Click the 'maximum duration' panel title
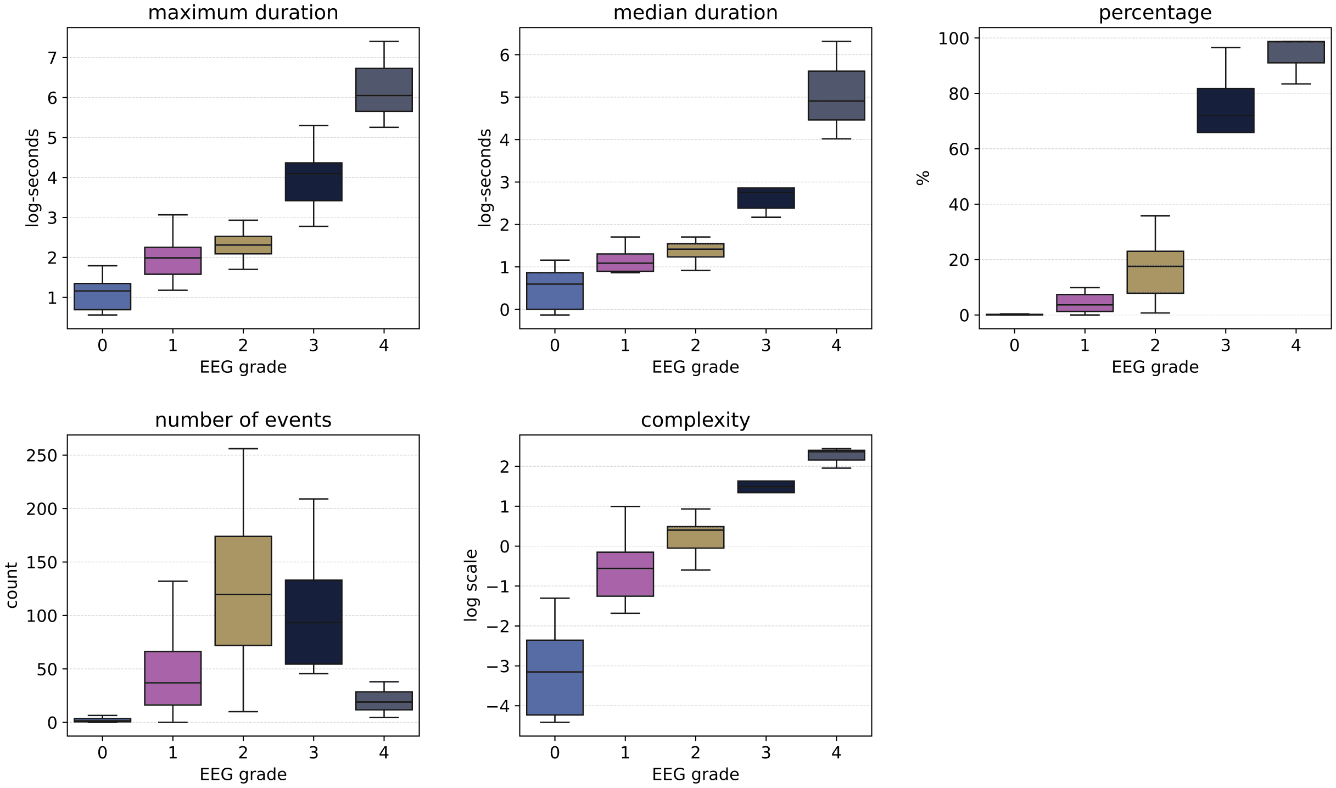tap(243, 12)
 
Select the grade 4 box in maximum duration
tap(384, 90)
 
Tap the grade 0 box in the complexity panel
tap(555, 677)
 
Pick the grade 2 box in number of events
tap(243, 590)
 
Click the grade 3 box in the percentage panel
tap(1225, 110)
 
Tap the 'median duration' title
tap(695, 12)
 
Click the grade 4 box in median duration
tap(836, 95)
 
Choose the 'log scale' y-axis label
tap(471, 585)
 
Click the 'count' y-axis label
tap(12, 585)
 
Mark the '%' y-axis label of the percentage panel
tap(923, 178)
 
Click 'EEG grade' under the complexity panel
tap(695, 774)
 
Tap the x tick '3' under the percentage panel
tap(1225, 345)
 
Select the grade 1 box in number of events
tap(172, 678)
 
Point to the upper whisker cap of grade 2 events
tap(243, 449)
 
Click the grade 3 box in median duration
tap(765, 198)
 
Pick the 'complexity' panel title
tap(695, 420)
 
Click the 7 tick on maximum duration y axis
tap(53, 58)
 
